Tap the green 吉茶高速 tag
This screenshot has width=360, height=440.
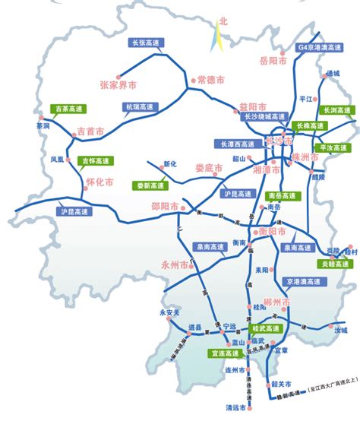[64, 110]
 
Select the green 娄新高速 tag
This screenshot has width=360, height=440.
[149, 185]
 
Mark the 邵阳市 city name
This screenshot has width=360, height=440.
[185, 206]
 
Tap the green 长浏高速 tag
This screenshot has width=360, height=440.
[337, 111]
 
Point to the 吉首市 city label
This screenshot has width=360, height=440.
[90, 132]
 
